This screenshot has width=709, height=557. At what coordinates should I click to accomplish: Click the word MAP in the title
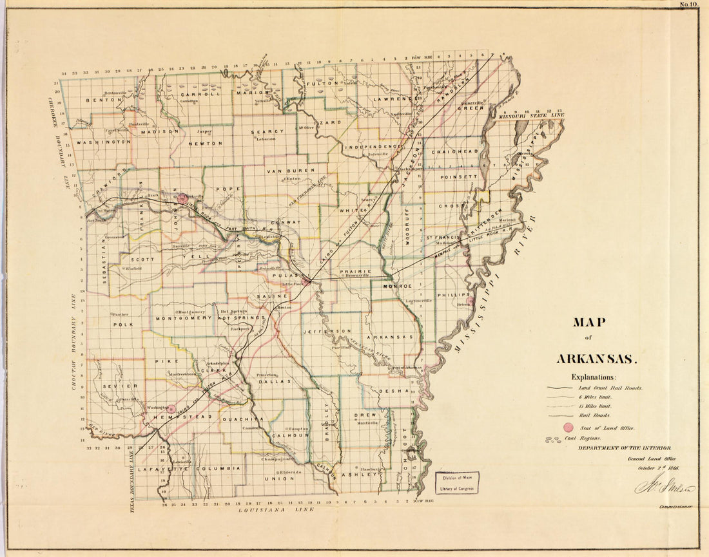click(591, 323)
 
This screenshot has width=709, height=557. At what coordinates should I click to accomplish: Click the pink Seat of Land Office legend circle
click(568, 428)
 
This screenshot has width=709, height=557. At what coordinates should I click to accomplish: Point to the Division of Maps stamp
click(457, 482)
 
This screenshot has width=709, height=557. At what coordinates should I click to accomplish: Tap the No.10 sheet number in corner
click(687, 5)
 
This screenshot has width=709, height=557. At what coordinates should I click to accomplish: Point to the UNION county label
click(283, 478)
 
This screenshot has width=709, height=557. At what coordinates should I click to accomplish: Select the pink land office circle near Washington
click(171, 408)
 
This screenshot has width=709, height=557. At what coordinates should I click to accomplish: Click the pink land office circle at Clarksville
click(183, 198)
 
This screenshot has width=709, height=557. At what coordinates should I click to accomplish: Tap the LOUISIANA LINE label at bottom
click(277, 509)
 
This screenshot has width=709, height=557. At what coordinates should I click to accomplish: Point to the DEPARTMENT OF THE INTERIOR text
click(623, 448)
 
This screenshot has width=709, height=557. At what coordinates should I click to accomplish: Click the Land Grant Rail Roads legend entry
click(610, 388)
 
